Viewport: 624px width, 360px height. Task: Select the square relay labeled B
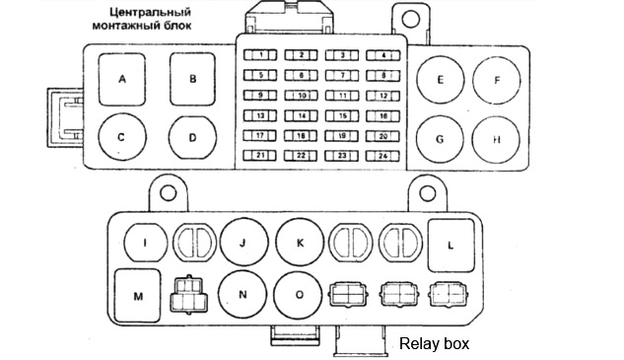tap(193, 79)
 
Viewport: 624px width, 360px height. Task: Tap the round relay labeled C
tap(121, 137)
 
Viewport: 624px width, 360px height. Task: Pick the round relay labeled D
tap(192, 137)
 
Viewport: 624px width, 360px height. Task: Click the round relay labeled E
tap(440, 79)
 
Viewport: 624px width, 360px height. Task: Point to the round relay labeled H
tap(497, 139)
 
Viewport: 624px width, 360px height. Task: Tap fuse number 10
tap(301, 96)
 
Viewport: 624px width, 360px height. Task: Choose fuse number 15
tap(342, 115)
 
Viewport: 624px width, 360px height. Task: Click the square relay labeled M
tap(138, 294)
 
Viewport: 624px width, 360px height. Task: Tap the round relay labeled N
tap(242, 293)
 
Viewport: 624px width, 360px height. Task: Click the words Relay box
tap(434, 345)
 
